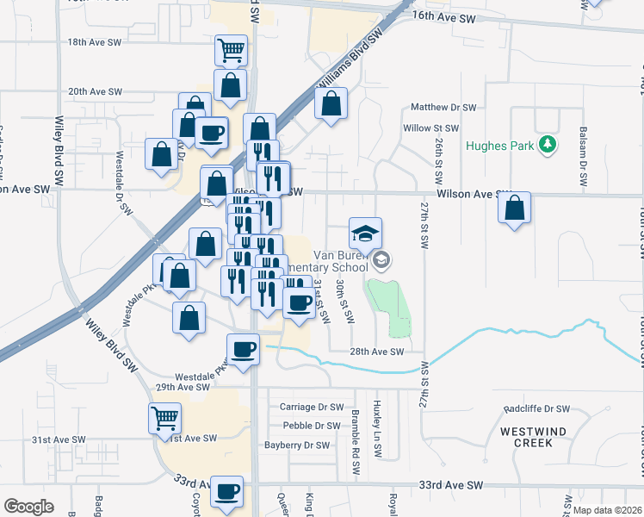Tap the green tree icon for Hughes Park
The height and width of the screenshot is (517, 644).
[546, 145]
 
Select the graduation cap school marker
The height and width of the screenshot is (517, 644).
[365, 234]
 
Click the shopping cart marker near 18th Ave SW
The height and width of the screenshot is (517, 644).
[231, 51]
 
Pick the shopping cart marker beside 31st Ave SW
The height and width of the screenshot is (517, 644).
[164, 419]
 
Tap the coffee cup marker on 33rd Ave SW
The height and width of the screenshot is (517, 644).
[227, 491]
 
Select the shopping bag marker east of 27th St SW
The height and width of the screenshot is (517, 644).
[514, 209]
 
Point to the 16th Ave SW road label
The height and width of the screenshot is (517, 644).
[443, 16]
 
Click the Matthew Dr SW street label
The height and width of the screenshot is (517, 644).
[443, 108]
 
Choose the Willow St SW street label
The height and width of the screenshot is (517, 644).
[428, 128]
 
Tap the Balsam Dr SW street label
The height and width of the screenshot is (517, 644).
[584, 158]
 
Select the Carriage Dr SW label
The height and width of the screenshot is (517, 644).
[312, 407]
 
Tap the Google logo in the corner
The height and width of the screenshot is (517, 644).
[28, 506]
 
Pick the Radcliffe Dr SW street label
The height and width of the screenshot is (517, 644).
[536, 408]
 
